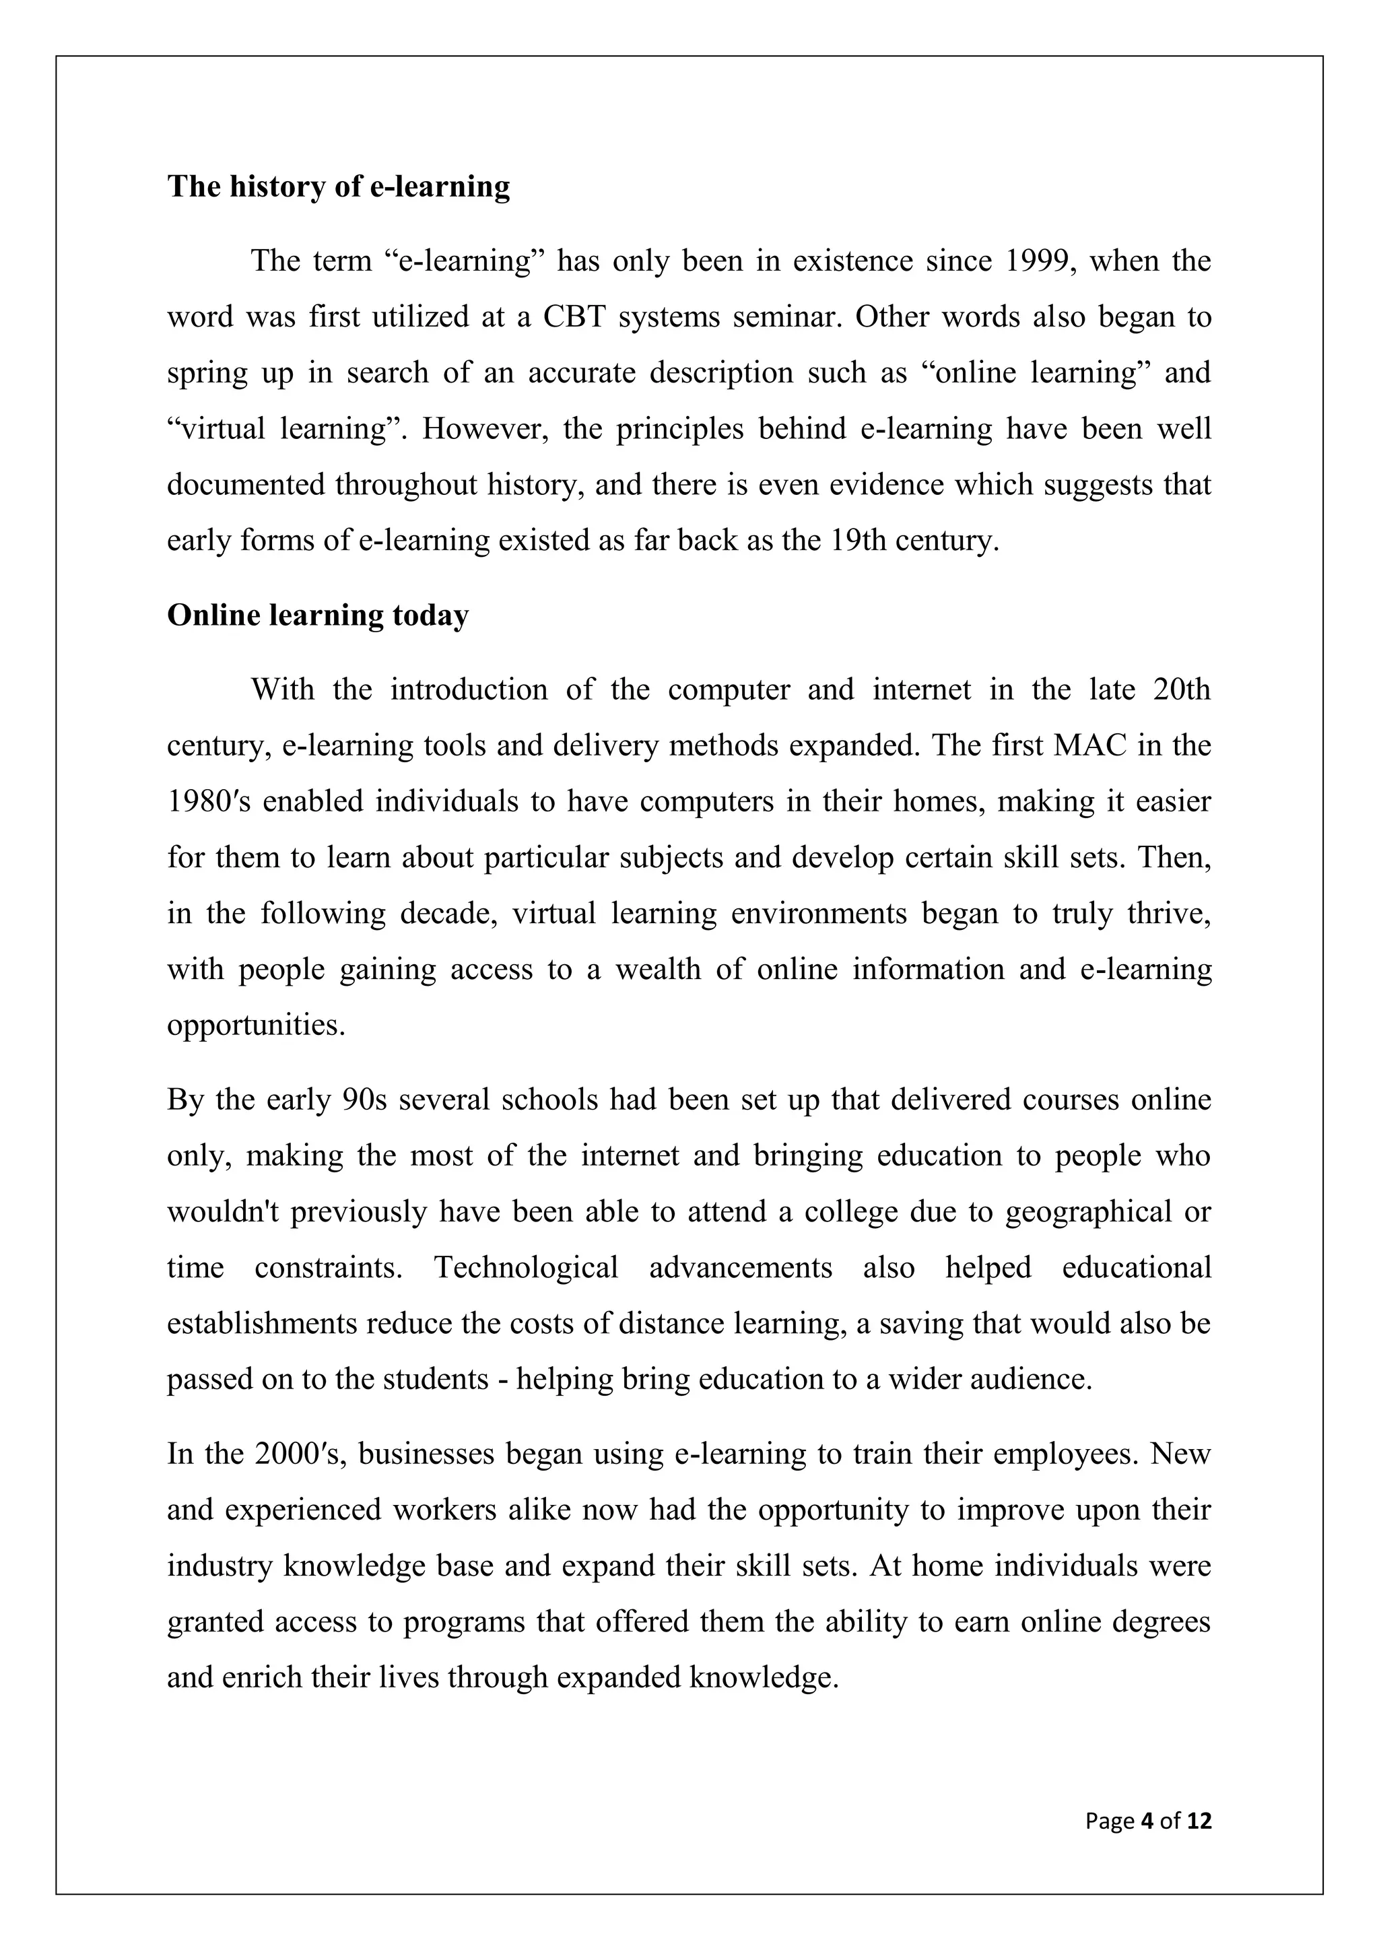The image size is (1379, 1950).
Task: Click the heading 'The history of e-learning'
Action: [338, 187]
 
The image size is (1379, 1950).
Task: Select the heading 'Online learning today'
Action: [318, 615]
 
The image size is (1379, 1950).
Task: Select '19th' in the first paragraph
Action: [853, 540]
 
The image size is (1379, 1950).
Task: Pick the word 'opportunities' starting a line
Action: [256, 1025]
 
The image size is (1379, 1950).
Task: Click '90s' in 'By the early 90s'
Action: [364, 1099]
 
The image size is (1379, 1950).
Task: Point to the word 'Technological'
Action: [526, 1267]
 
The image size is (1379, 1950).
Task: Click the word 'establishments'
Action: [261, 1323]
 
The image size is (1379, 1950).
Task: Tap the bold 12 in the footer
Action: [1199, 1820]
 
